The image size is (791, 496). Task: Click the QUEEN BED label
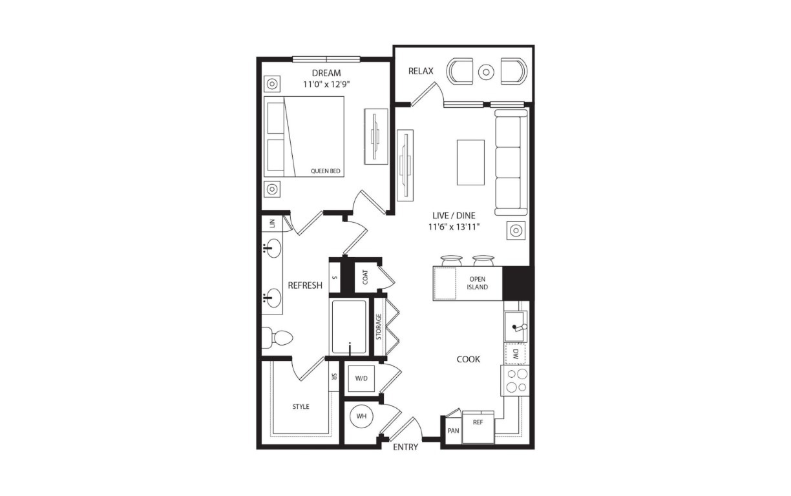tap(325, 171)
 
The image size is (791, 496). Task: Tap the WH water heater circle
tap(361, 416)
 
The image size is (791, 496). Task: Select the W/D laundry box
tap(361, 378)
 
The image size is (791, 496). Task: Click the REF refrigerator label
tap(478, 422)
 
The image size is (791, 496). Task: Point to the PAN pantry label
tap(454, 431)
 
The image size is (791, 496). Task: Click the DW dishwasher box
tap(515, 354)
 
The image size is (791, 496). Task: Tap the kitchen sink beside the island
tap(516, 327)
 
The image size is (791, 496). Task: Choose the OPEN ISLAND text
tap(478, 283)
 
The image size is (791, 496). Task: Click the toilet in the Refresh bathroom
tap(277, 338)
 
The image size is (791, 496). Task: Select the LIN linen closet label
tap(272, 223)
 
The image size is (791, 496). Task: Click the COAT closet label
tap(365, 277)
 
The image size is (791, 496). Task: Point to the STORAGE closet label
tap(379, 327)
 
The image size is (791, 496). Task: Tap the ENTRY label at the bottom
tap(405, 448)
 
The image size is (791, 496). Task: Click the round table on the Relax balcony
tap(486, 72)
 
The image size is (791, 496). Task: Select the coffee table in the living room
tap(470, 162)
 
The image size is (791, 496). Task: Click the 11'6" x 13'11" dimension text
tap(454, 227)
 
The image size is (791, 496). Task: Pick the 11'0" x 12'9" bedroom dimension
tap(326, 85)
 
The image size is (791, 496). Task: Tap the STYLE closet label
tap(301, 407)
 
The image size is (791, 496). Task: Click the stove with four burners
tap(515, 380)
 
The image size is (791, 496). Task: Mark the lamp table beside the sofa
tap(516, 231)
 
